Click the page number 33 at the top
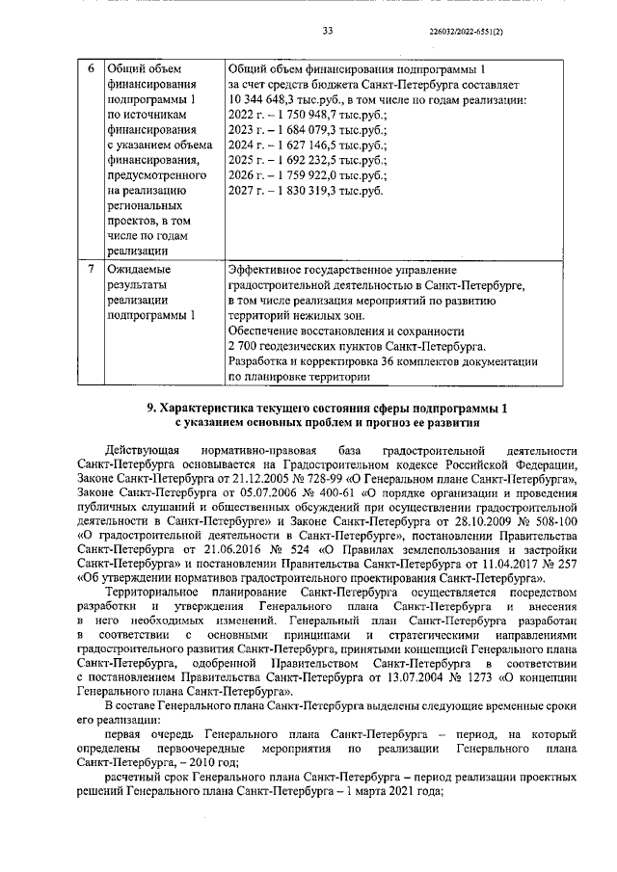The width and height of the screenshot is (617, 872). [327, 31]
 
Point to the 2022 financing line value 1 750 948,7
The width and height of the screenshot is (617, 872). [303, 114]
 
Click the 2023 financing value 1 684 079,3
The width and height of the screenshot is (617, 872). [303, 129]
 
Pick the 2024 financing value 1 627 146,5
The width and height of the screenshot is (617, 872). [303, 145]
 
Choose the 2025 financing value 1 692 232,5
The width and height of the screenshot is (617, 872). [303, 160]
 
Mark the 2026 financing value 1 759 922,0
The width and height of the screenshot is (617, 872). [303, 175]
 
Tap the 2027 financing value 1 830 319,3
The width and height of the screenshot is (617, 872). [303, 191]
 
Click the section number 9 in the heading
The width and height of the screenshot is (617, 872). [150, 408]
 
